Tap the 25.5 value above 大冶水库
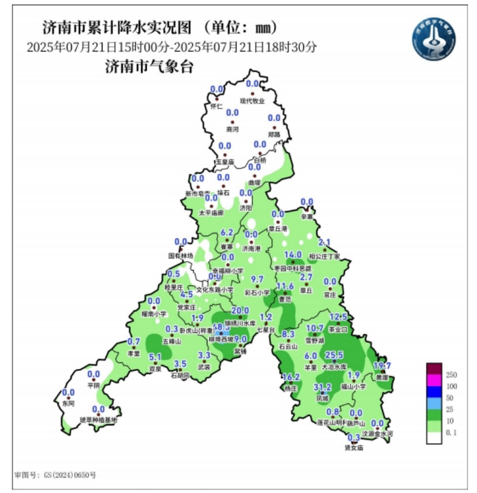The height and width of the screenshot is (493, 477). coord(334,355)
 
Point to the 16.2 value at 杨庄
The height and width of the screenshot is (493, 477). coord(291,377)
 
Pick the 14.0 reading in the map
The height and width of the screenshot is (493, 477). coord(292,255)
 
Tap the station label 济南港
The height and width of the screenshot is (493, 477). coord(252,250)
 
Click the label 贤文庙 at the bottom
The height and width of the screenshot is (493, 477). coord(354,448)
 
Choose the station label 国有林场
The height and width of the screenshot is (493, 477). coord(181,256)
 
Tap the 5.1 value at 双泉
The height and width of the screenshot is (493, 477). coord(155,357)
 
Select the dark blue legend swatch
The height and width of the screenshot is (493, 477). coord(432,396)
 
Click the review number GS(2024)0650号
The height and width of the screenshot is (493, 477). coord(55,475)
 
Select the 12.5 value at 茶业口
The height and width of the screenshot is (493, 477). coord(339,317)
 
